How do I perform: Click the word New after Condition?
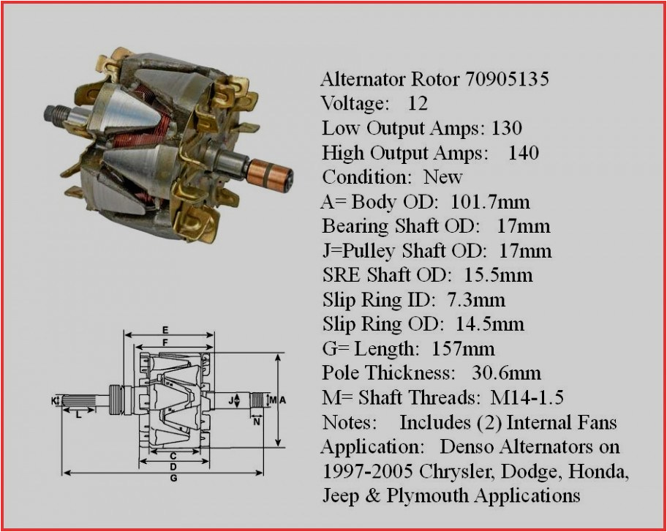click(443, 177)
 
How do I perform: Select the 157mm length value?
click(463, 348)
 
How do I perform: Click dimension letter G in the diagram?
click(173, 479)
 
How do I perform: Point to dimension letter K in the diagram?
click(53, 400)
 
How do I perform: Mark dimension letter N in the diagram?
click(257, 422)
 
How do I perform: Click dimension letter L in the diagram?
click(78, 415)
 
